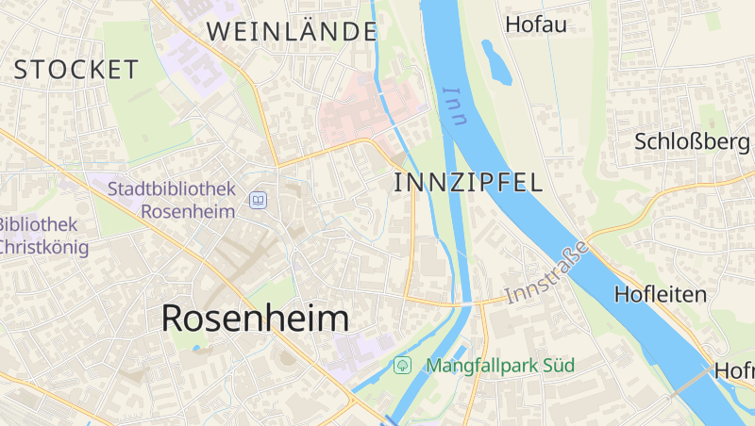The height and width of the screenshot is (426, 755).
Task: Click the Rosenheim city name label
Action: click(255, 319)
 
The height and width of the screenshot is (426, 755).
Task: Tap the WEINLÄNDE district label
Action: click(292, 31)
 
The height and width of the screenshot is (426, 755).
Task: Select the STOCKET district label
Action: click(76, 69)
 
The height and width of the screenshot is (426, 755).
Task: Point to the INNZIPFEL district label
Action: click(468, 183)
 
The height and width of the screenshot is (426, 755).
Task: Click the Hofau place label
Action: click(536, 25)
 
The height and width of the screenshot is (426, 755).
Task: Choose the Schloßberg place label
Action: click(692, 141)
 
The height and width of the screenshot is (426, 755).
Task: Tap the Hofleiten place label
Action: click(660, 294)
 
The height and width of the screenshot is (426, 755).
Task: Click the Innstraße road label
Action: click(547, 272)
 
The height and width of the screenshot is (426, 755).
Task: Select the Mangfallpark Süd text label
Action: click(500, 365)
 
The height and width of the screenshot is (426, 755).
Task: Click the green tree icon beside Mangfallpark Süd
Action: click(403, 364)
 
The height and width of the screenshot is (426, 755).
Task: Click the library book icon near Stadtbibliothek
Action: click(258, 200)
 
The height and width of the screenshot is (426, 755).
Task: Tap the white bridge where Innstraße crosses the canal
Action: click(463, 304)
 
